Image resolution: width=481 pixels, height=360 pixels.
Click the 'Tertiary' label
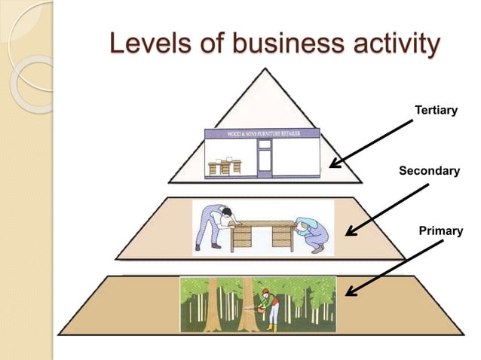436,111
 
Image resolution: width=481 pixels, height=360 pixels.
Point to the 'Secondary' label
428,172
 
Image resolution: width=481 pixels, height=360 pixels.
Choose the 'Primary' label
440,230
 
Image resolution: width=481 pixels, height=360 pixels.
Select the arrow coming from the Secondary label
385,206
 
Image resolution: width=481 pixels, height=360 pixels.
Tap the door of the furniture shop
265,160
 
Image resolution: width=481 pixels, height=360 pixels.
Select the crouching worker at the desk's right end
310,233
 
